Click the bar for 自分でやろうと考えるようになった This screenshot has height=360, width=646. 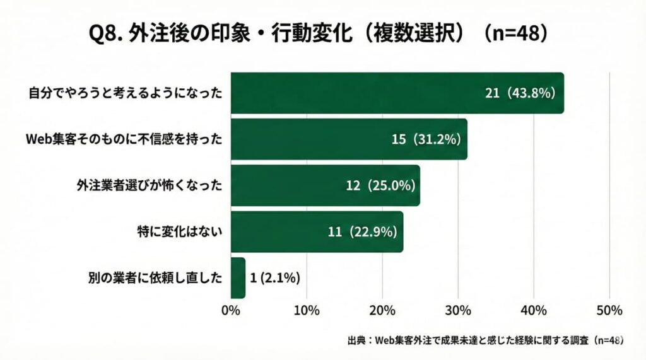coord(353,93)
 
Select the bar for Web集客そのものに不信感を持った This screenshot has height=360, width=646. coord(315,139)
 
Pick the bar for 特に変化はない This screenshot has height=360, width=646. coord(278,231)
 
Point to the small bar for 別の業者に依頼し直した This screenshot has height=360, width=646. coord(238,277)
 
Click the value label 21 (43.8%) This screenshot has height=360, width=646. coord(520,93)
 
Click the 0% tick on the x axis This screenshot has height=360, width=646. coord(231,310)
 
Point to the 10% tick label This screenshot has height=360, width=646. coord(307,310)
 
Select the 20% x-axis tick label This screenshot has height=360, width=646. coord(382,310)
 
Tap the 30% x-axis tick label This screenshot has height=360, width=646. coord(458,310)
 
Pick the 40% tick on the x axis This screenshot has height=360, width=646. coord(534,310)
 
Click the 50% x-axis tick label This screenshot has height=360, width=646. coord(609,310)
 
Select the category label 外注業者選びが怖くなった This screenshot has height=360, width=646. coord(150,185)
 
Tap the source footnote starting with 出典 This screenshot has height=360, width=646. coord(485,340)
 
